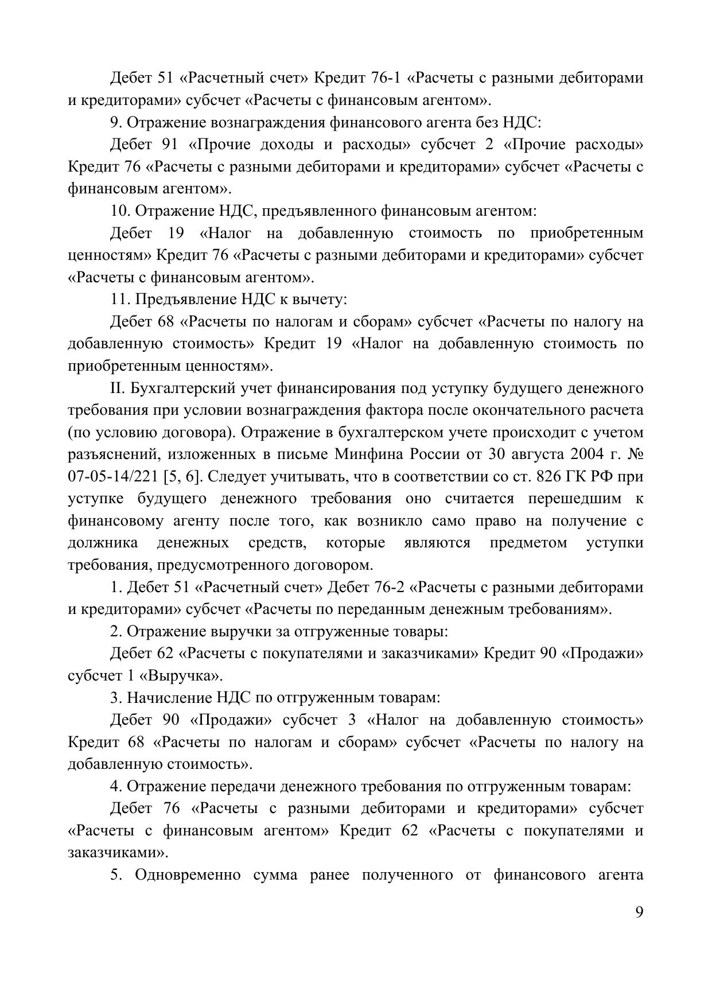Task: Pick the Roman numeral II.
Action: coord(117,388)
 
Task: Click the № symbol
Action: coord(636,454)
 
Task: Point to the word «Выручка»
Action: coord(181,675)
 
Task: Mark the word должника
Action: coord(103,543)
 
